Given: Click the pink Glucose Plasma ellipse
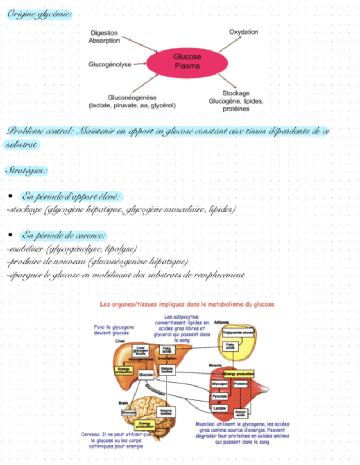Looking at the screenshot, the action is pos(187,61).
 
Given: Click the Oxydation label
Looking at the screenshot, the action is pos(243,32).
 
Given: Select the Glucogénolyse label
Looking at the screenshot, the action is pos(110,65).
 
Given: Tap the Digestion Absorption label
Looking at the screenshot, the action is pos(104,37).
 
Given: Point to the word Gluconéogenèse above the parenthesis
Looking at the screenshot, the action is pos(133,97).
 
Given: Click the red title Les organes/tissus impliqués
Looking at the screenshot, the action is pos(187,304).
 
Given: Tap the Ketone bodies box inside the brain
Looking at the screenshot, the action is pos(166,411).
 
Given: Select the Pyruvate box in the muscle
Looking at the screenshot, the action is pos(220,396).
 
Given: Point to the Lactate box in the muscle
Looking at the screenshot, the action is pos(220,408).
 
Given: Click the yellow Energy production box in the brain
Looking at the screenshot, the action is pos(145,424).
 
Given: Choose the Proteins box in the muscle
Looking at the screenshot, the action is pos(240,384).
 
